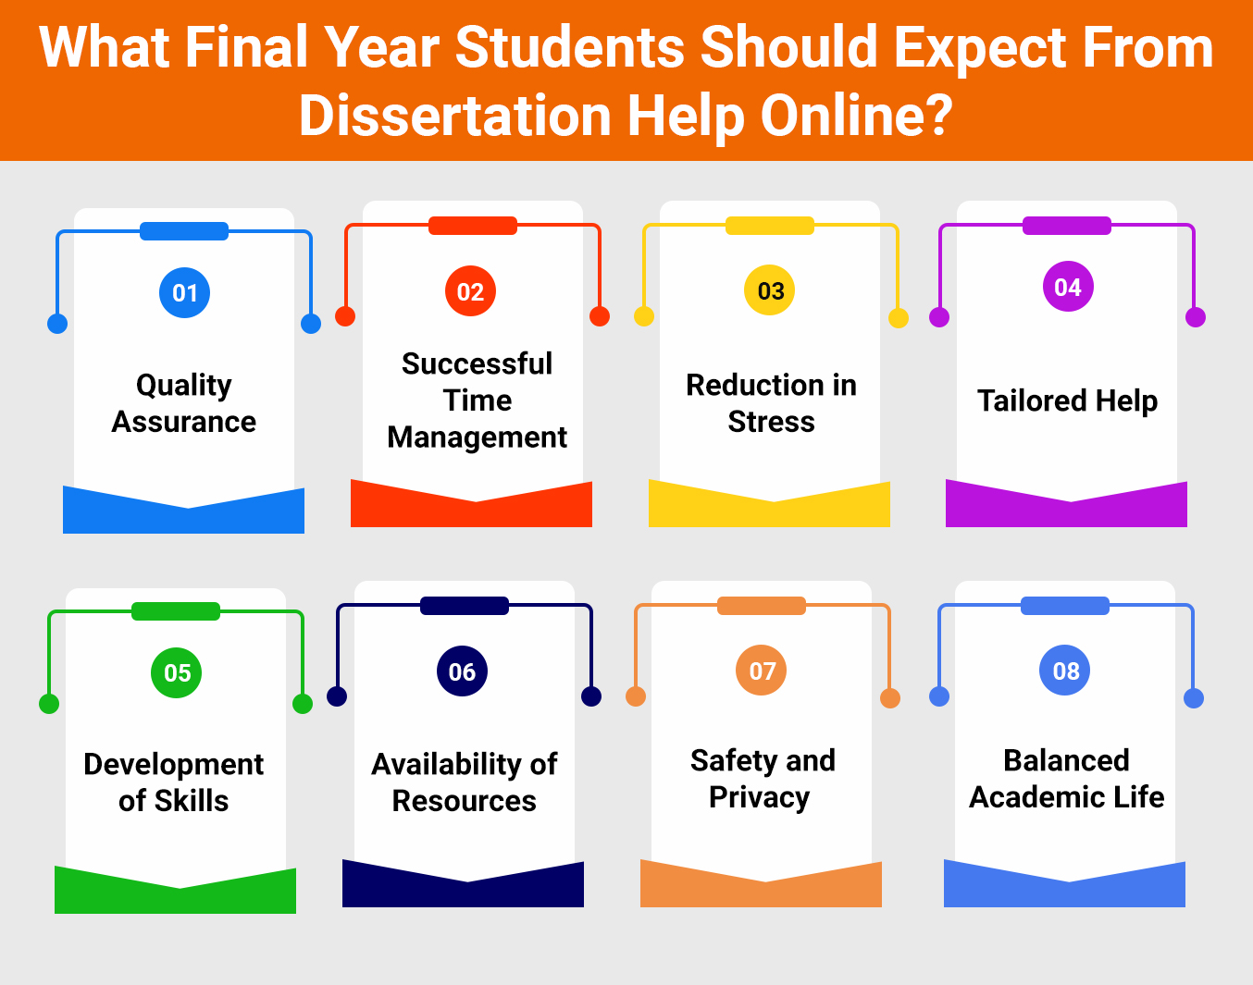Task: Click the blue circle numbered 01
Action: tap(184, 293)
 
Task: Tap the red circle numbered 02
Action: tap(470, 291)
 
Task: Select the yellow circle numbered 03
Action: tap(770, 289)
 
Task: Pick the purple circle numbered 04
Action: tap(1068, 287)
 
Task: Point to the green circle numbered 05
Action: tap(177, 672)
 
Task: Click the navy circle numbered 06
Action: tap(463, 671)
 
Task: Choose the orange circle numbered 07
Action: tap(762, 670)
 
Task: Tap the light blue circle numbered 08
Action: tap(1065, 670)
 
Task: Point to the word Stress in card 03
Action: tap(771, 422)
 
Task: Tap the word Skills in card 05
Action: tap(191, 800)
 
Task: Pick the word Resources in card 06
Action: tap(464, 801)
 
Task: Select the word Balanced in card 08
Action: tap(1066, 760)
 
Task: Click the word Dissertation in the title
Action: tap(454, 116)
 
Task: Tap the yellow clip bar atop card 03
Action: tap(770, 226)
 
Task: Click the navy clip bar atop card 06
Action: tap(465, 606)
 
